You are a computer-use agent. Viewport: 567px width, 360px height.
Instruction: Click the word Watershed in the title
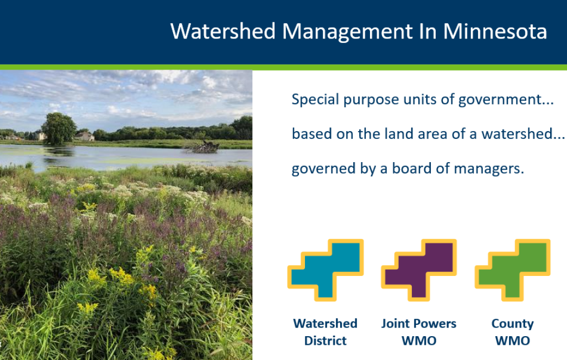[x=223, y=31]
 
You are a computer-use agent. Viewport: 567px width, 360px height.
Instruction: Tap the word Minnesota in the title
[x=495, y=31]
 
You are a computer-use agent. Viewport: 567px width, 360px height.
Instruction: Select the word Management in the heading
[x=347, y=32]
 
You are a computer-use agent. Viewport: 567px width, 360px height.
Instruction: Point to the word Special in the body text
[x=315, y=99]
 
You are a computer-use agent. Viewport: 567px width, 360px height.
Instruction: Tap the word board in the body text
[x=411, y=168]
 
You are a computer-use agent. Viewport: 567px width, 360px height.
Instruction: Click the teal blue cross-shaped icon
[x=326, y=270]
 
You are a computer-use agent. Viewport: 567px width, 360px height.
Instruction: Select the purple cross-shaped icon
[x=419, y=270]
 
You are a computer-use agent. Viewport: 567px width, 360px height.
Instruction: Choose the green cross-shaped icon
[x=512, y=270]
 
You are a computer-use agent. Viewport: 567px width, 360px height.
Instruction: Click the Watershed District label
[x=326, y=332]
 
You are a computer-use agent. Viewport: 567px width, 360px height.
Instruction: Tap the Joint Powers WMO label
[x=419, y=332]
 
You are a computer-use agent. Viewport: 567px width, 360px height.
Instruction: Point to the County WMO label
[x=512, y=332]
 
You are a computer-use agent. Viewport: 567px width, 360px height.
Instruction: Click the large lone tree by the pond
[x=59, y=128]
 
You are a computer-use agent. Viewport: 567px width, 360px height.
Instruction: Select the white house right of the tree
[x=85, y=136]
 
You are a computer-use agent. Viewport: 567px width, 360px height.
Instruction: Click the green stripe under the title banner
[x=283, y=67]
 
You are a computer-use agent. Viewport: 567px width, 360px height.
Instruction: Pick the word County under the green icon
[x=512, y=324]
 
